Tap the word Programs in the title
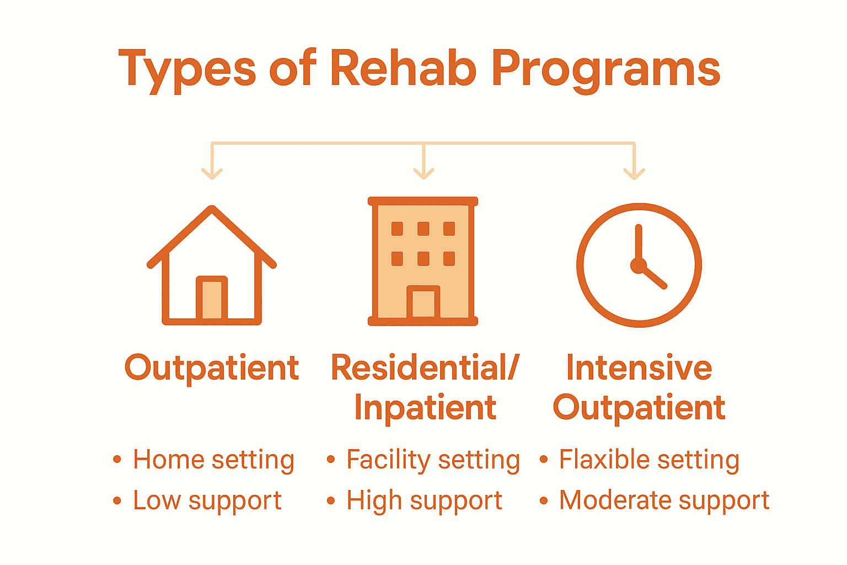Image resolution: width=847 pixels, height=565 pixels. click(605, 71)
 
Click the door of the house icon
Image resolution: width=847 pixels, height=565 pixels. click(212, 299)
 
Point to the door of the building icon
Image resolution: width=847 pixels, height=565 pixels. click(423, 303)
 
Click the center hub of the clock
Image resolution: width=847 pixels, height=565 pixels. click(638, 266)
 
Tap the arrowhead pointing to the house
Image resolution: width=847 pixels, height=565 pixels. click(212, 173)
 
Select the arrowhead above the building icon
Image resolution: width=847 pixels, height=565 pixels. click(423, 173)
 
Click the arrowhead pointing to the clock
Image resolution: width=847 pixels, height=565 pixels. click(634, 173)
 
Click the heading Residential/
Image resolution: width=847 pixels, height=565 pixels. click(425, 367)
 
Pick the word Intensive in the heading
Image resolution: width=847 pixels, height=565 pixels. click(639, 367)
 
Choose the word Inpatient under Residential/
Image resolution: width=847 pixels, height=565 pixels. click(425, 408)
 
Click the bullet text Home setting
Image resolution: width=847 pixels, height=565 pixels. click(213, 460)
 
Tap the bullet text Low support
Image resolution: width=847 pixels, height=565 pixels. click(207, 501)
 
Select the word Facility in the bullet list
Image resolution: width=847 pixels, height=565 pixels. click(388, 460)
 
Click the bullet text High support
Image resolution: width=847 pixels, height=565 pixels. click(424, 501)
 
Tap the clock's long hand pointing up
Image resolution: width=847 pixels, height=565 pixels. click(639, 243)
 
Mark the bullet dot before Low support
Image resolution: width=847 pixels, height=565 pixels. click(117, 501)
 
